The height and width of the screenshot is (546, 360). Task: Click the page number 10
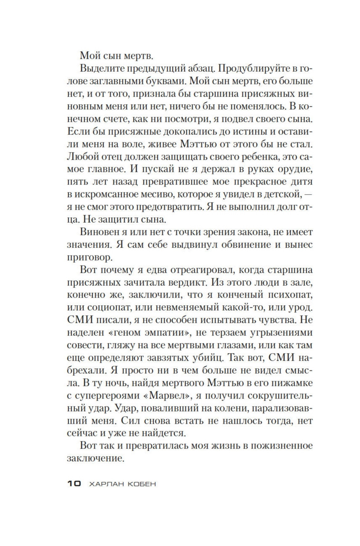[74, 484]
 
